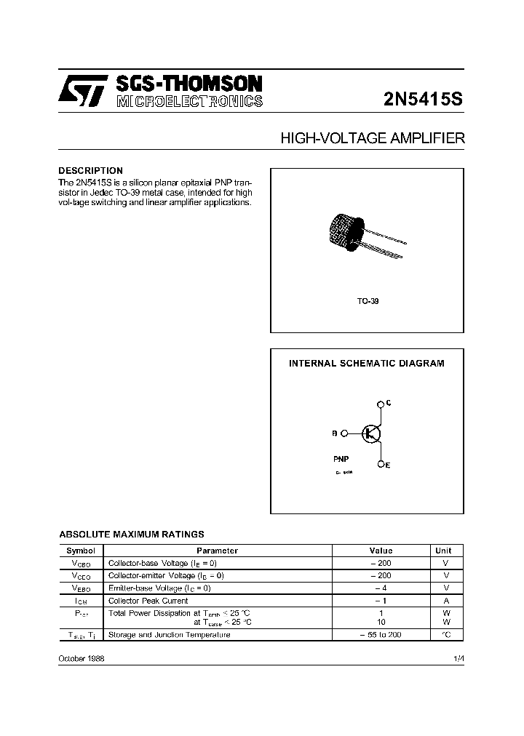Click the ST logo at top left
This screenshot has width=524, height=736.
83,92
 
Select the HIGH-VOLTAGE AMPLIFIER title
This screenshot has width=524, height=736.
372,138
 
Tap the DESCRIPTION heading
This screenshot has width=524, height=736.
90,171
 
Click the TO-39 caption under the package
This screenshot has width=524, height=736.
368,300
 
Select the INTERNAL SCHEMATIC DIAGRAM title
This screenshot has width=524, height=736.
367,363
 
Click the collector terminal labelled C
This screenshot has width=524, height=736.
381,404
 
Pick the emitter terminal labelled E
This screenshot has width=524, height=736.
381,464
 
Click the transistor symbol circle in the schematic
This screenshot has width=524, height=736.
371,433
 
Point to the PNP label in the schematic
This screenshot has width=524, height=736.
342,460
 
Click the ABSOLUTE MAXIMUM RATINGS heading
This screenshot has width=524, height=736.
131,534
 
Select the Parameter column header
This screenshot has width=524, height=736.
217,551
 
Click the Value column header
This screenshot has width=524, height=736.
381,551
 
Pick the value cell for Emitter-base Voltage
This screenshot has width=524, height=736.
381,588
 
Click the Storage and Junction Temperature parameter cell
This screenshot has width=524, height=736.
169,635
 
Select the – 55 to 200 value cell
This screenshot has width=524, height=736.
381,635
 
